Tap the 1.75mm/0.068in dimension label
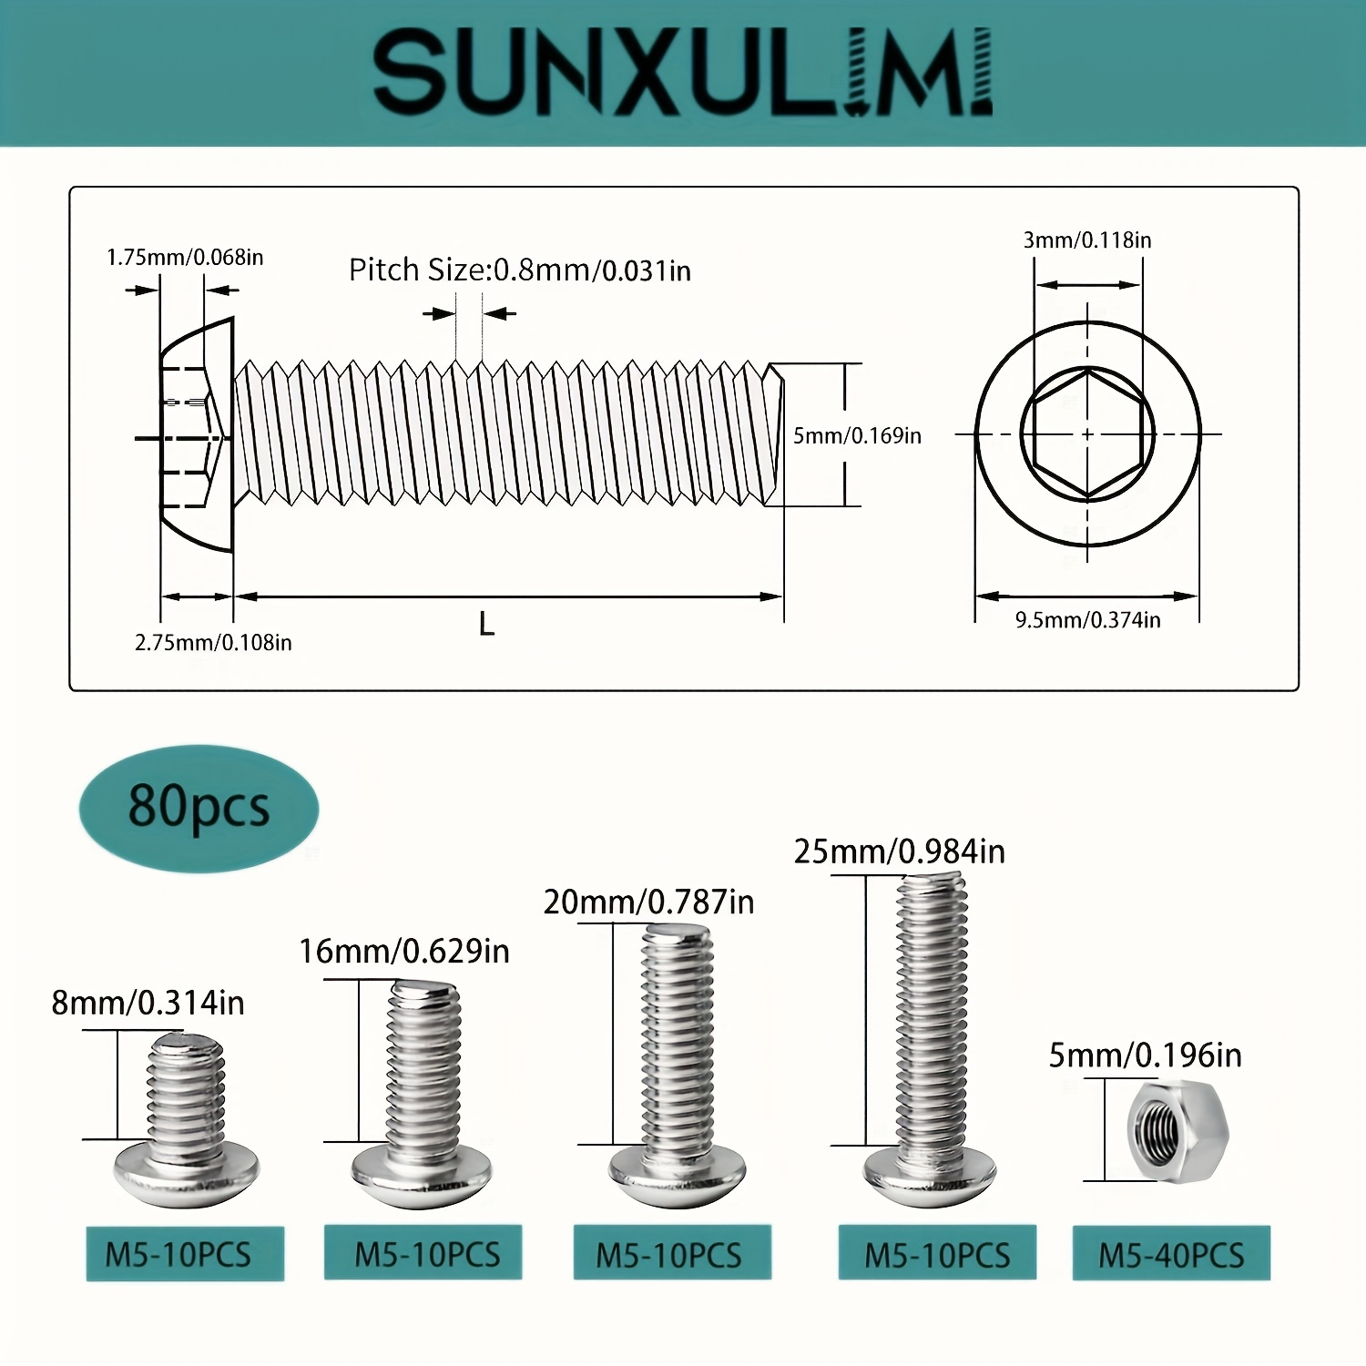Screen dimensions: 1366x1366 185,258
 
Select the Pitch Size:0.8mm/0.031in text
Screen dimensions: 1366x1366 519,270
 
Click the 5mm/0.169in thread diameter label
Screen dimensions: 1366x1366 857,436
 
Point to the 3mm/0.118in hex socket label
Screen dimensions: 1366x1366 1086,240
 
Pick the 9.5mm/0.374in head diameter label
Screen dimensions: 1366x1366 1087,620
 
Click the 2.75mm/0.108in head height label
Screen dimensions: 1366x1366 213,643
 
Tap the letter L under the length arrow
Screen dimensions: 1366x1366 486,625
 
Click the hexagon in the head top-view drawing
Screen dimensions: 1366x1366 1087,434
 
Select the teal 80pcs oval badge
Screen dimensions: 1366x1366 199,808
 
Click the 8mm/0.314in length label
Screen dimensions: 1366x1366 148,1003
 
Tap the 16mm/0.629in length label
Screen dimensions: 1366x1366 403,952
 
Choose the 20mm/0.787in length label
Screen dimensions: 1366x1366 648,902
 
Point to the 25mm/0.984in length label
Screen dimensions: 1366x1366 899,851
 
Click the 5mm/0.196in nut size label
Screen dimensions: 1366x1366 1145,1055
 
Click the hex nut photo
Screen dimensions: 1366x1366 1177,1131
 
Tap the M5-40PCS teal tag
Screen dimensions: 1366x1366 1171,1255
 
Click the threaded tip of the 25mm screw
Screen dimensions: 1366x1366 931,888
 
